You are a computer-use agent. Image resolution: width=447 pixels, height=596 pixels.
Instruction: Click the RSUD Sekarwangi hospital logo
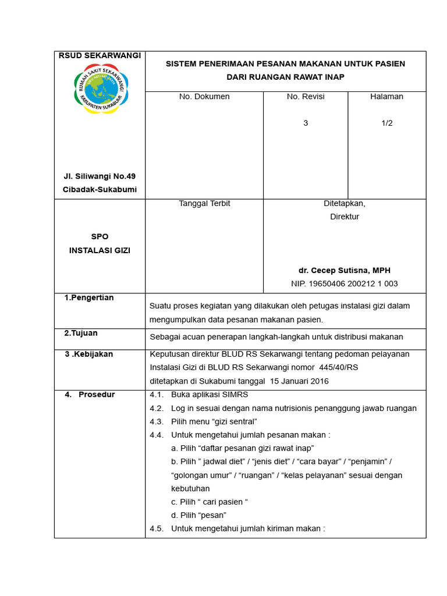[101, 88]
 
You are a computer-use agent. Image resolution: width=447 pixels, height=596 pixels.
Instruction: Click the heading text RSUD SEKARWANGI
[100, 55]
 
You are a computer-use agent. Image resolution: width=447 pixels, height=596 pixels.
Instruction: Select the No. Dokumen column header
[204, 97]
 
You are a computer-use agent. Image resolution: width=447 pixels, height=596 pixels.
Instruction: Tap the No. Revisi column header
[306, 97]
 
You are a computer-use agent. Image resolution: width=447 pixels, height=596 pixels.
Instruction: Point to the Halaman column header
[386, 97]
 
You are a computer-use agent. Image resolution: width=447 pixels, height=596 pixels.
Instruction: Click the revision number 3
[306, 123]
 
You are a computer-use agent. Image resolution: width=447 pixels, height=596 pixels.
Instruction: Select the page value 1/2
[386, 123]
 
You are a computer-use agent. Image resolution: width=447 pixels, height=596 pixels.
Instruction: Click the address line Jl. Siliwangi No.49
[100, 176]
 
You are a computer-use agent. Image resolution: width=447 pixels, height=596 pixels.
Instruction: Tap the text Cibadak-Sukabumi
[100, 190]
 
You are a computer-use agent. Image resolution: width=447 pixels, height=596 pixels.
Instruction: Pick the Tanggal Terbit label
[204, 204]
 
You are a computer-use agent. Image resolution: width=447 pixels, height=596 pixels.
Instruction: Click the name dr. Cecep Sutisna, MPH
[344, 271]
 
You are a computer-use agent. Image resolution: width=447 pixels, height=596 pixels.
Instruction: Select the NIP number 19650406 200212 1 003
[344, 284]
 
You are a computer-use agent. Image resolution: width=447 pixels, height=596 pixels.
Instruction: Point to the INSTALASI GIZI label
[100, 250]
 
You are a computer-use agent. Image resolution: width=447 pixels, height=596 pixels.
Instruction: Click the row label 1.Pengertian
[89, 298]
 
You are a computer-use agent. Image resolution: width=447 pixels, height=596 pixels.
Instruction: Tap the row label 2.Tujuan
[81, 334]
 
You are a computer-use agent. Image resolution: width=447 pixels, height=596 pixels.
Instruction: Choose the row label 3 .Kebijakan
[88, 354]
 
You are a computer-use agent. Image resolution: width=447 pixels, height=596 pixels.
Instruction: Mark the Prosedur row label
[97, 395]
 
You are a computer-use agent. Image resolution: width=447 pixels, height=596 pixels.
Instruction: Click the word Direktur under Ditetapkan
[344, 217]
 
